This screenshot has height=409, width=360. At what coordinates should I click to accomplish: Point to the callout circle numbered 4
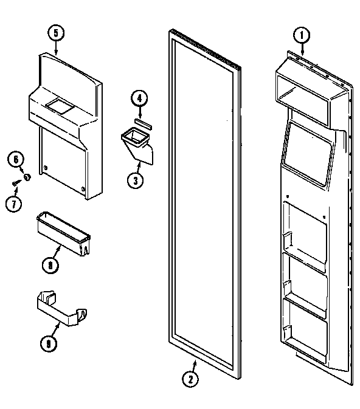(139, 97)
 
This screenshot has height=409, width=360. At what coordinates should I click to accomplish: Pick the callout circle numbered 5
(55, 33)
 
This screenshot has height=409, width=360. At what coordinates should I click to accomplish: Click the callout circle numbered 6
(16, 160)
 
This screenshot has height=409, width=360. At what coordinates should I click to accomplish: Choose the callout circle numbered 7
(13, 203)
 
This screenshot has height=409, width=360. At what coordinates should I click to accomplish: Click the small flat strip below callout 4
(142, 122)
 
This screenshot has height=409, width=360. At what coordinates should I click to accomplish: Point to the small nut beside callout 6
(27, 177)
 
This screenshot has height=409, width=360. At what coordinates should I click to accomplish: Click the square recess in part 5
(60, 108)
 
